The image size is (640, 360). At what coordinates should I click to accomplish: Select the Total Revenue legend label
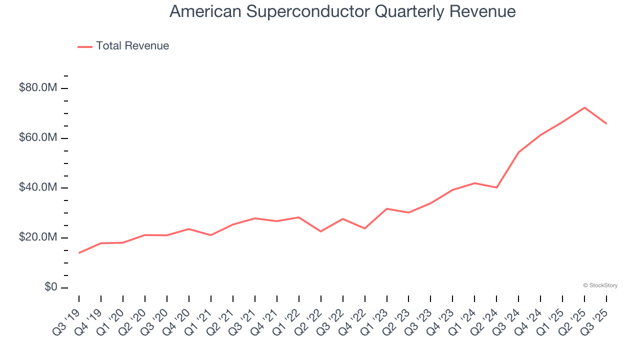coord(132,46)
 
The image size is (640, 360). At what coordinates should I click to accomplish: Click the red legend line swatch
coord(85,46)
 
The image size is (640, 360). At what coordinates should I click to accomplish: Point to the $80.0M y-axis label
coord(38,88)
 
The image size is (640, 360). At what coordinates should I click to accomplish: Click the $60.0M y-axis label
coord(38,138)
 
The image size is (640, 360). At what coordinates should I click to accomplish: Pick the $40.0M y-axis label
coord(38,187)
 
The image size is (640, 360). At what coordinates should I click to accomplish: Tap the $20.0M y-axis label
coord(38,237)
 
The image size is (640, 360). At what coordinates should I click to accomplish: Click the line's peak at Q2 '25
coord(584,107)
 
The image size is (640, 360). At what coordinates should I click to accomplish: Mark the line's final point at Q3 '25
coord(606,123)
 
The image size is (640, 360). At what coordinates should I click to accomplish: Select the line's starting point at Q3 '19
coord(79,253)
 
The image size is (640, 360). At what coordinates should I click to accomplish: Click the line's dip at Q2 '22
coord(320,231)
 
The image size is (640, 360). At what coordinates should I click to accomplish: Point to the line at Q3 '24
coord(518,152)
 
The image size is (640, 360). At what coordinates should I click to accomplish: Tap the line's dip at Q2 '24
coord(496,187)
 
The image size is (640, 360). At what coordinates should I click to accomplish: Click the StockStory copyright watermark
coord(600,285)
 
